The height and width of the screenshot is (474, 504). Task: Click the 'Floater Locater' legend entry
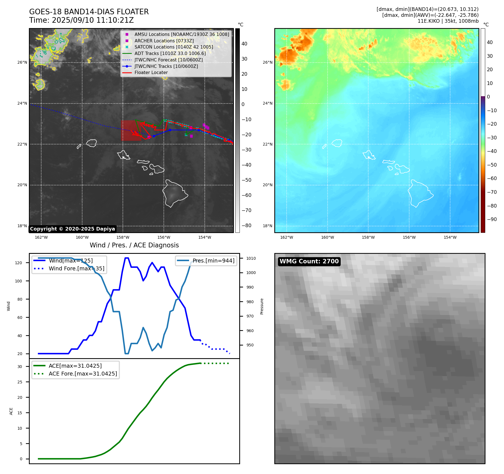151,73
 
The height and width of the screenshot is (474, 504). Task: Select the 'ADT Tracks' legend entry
170,54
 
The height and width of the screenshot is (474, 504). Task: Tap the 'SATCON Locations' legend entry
174,47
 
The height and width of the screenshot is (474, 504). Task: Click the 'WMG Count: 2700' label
309,261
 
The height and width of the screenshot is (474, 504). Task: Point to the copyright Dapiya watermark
72,229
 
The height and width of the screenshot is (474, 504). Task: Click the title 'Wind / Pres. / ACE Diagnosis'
134,245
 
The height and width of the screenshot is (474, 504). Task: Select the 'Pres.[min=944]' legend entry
213,261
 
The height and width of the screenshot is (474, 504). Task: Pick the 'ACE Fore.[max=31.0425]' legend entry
83,374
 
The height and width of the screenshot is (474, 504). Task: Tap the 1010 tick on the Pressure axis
251,258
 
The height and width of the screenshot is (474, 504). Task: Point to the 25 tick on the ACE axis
20,382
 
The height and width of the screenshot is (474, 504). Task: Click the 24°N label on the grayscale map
22,103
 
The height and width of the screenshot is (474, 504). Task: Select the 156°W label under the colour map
409,237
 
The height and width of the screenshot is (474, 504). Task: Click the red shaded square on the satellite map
131,130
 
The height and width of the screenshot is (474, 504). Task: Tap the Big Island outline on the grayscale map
174,194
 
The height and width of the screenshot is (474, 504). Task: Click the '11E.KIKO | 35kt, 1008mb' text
448,21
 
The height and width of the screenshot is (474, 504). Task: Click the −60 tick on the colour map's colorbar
492,178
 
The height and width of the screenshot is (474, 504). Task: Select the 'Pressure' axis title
262,306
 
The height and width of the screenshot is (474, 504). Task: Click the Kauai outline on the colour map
337,143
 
